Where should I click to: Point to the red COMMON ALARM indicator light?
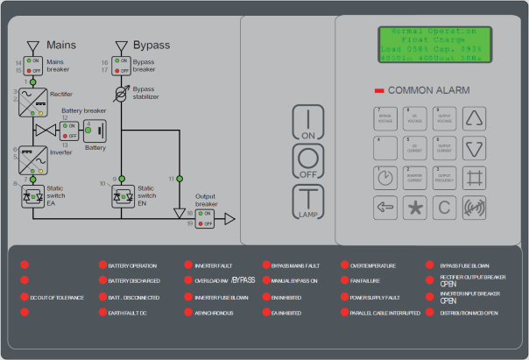pos(379,90)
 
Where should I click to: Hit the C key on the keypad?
pos(445,208)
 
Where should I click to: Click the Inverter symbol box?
pos(33,159)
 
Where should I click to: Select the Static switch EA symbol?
pos(33,197)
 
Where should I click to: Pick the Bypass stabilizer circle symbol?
pos(122,91)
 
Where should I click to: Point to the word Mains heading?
pos(61,44)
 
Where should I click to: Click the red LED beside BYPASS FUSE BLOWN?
pos(429,265)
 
